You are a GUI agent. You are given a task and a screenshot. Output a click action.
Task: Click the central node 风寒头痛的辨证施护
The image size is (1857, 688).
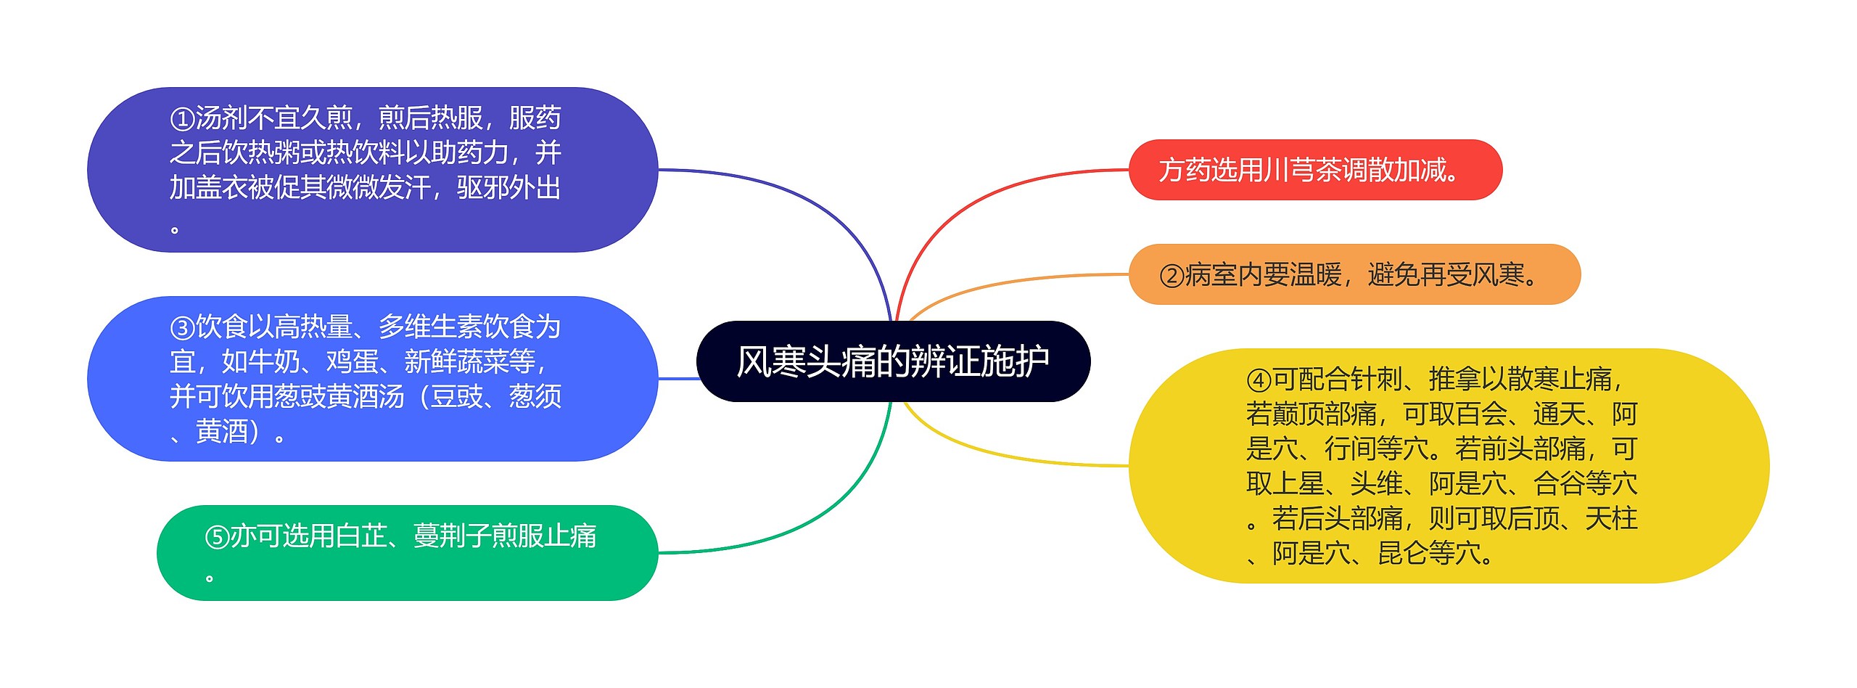tap(893, 361)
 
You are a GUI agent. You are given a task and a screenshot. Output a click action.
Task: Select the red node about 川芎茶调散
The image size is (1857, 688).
tap(1314, 170)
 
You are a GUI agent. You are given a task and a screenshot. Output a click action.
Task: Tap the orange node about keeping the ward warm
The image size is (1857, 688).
tap(1354, 275)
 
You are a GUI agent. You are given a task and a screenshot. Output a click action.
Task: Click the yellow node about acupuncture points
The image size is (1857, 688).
tap(1448, 466)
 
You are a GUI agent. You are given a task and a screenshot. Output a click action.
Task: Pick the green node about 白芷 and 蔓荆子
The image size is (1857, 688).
tap(406, 553)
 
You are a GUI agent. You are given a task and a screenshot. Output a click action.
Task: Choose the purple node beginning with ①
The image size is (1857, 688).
tap(371, 170)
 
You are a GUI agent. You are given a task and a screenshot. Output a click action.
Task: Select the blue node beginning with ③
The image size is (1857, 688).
tap(371, 379)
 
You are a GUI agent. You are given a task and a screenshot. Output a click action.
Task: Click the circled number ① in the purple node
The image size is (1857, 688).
tap(182, 118)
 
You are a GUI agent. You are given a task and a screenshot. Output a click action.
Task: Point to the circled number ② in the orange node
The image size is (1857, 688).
tap(1172, 276)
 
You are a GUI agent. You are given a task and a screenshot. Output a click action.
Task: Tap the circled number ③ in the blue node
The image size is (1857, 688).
tap(182, 327)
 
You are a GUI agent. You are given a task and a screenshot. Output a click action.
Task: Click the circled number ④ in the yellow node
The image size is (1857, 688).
tap(1259, 380)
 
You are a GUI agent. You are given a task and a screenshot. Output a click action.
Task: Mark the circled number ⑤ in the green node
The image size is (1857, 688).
tap(217, 537)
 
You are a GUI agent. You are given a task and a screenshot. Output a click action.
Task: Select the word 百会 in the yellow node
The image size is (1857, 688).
tap(1480, 414)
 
